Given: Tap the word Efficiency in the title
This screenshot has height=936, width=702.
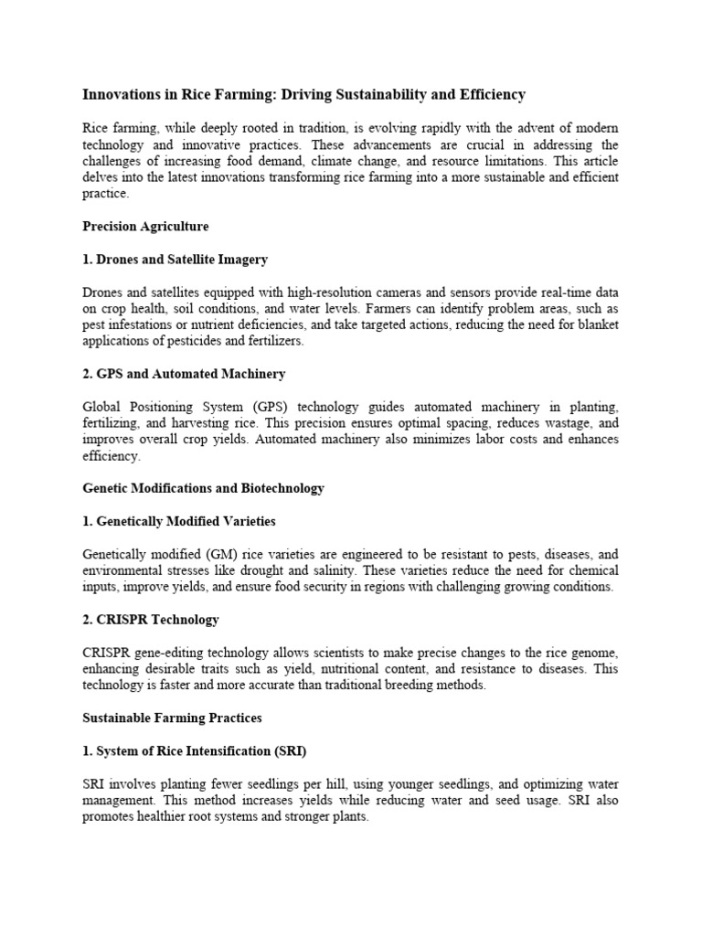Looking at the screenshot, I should point(492,94).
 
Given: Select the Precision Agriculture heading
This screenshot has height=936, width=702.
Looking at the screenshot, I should point(145,226).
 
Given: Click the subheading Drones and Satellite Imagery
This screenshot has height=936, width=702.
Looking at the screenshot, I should point(175,260).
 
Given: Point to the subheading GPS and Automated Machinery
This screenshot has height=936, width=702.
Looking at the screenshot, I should point(184,374).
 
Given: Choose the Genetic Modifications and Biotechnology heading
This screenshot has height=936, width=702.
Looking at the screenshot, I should point(203,488).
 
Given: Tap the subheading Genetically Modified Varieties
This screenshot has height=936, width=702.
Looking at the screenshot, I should point(179,521).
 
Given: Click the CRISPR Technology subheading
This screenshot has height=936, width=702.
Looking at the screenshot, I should point(151,620).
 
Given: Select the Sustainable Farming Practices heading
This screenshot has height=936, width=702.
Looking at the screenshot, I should point(172,718).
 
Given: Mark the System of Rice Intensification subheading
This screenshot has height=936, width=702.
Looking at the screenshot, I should point(194,751).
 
